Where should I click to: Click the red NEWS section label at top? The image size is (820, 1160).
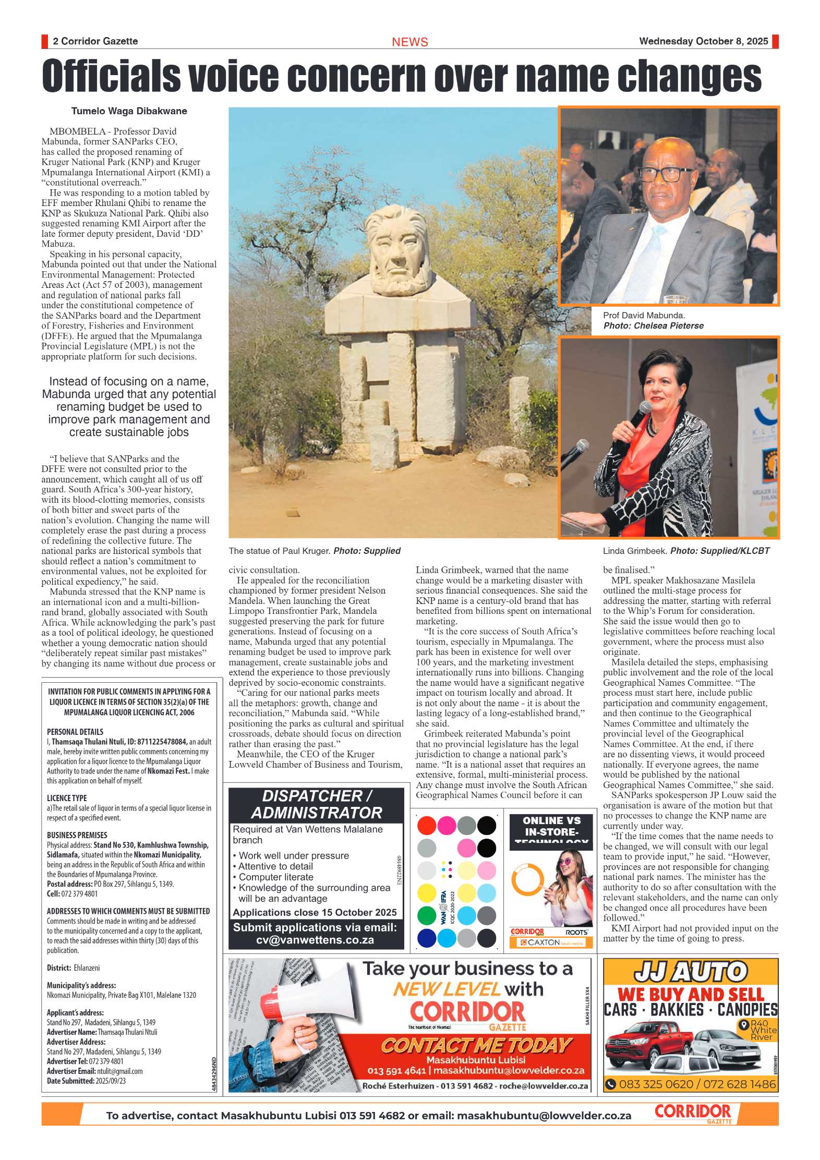[x=409, y=42]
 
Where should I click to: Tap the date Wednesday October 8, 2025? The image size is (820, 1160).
[x=703, y=41]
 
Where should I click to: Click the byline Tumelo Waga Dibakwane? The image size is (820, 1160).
[x=129, y=111]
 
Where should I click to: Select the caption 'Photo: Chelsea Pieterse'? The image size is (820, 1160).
[x=653, y=325]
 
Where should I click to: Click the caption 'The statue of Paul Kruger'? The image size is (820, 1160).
[x=280, y=551]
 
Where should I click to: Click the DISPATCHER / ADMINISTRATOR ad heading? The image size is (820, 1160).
[x=317, y=804]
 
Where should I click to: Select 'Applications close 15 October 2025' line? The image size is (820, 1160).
[x=315, y=912]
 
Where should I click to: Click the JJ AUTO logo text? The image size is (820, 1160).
[x=690, y=972]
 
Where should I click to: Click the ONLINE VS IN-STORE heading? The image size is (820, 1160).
[x=551, y=826]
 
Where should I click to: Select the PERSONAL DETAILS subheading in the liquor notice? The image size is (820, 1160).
[x=75, y=732]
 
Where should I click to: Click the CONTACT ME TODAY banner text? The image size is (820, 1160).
[x=476, y=1045]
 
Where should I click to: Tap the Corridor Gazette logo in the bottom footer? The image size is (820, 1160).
[x=693, y=1113]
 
